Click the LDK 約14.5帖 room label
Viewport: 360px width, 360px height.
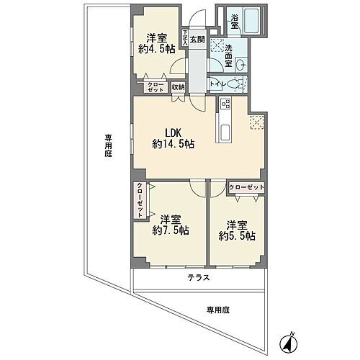[x=173, y=138]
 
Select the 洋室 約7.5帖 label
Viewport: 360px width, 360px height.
[x=170, y=225]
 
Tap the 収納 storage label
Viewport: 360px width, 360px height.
[x=178, y=87]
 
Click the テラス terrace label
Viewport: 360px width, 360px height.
[x=199, y=277]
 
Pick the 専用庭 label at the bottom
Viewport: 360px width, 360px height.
[x=217, y=310]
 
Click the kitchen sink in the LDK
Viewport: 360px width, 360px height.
[x=222, y=132]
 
